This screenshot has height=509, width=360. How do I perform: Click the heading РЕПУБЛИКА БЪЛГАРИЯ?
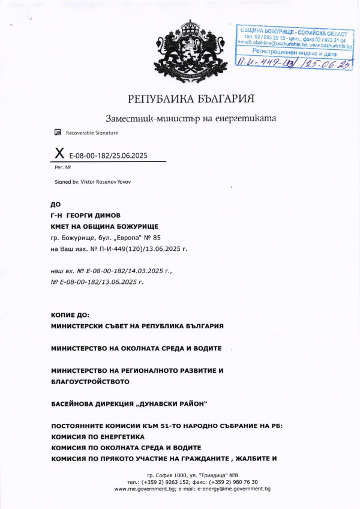coord(191,98)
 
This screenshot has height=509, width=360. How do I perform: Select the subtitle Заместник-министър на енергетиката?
coord(191,118)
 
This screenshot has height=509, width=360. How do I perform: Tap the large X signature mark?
coord(59,155)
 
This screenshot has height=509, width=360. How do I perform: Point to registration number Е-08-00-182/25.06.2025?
coord(109,156)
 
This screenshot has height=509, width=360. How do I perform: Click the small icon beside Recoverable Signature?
coord(58,132)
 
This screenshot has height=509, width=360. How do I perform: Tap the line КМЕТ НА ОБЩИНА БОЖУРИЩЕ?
coord(104,226)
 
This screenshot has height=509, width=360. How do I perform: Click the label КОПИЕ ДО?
coord(70,315)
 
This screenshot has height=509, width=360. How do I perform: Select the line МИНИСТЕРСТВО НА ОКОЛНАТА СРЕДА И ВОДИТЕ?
coord(136,348)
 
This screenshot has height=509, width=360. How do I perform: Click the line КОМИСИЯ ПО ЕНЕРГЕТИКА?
coord(98,437)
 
